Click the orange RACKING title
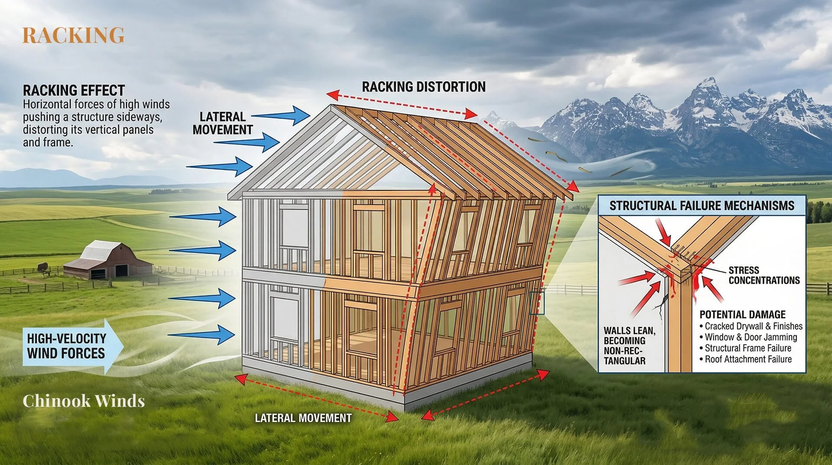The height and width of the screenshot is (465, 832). coord(73,35)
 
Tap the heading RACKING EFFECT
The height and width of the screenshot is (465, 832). coord(74,90)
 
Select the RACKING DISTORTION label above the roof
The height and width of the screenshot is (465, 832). coord(423,87)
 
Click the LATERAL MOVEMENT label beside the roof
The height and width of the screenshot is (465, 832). coord(222,123)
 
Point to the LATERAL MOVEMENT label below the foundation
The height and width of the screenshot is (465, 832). coord(303,418)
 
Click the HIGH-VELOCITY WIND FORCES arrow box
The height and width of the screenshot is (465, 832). coord(69,346)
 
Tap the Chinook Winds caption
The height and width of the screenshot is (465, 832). coord(84,401)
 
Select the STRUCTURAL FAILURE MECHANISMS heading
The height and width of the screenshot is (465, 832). coord(702,206)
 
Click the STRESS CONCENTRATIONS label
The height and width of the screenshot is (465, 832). coord(764,275)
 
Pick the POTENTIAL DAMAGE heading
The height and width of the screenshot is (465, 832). coord(742,314)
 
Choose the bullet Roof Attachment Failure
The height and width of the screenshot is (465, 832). coord(748,359)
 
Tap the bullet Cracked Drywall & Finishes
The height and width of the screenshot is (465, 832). coord(753,326)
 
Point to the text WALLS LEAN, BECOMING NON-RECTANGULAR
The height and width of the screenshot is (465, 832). coord(629,346)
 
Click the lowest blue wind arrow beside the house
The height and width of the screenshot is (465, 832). coord(201,334)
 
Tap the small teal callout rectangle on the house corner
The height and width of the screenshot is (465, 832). coord(536,302)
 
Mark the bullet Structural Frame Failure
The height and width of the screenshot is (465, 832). coord(747,348)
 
